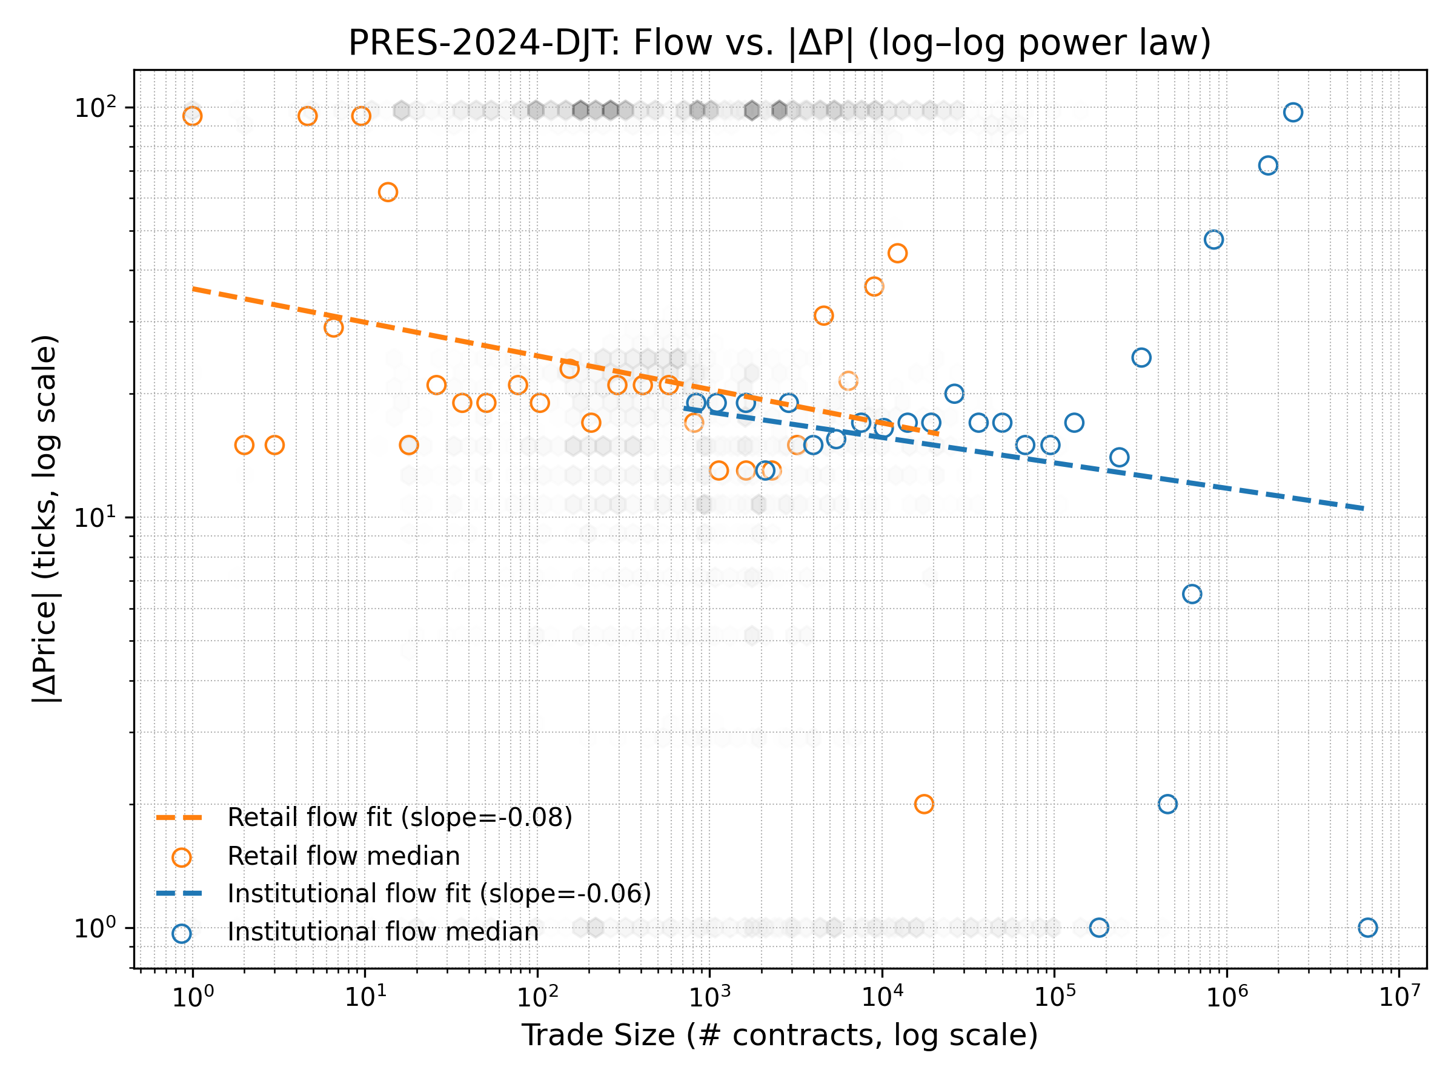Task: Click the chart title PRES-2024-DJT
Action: (x=780, y=43)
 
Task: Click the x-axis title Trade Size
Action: (x=780, y=1035)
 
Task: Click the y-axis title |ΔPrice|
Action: (x=46, y=519)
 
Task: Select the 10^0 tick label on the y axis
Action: (x=95, y=928)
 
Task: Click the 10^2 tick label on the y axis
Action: (x=95, y=108)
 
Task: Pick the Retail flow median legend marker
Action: (x=181, y=857)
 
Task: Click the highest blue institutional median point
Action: (x=1293, y=113)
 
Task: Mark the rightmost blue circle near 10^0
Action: (x=1368, y=928)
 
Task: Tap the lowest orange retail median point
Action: (x=923, y=804)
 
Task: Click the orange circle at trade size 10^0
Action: (x=192, y=116)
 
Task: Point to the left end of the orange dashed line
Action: (x=193, y=288)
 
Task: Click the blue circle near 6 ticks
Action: (x=1192, y=594)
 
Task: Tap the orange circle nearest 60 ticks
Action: (x=388, y=193)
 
